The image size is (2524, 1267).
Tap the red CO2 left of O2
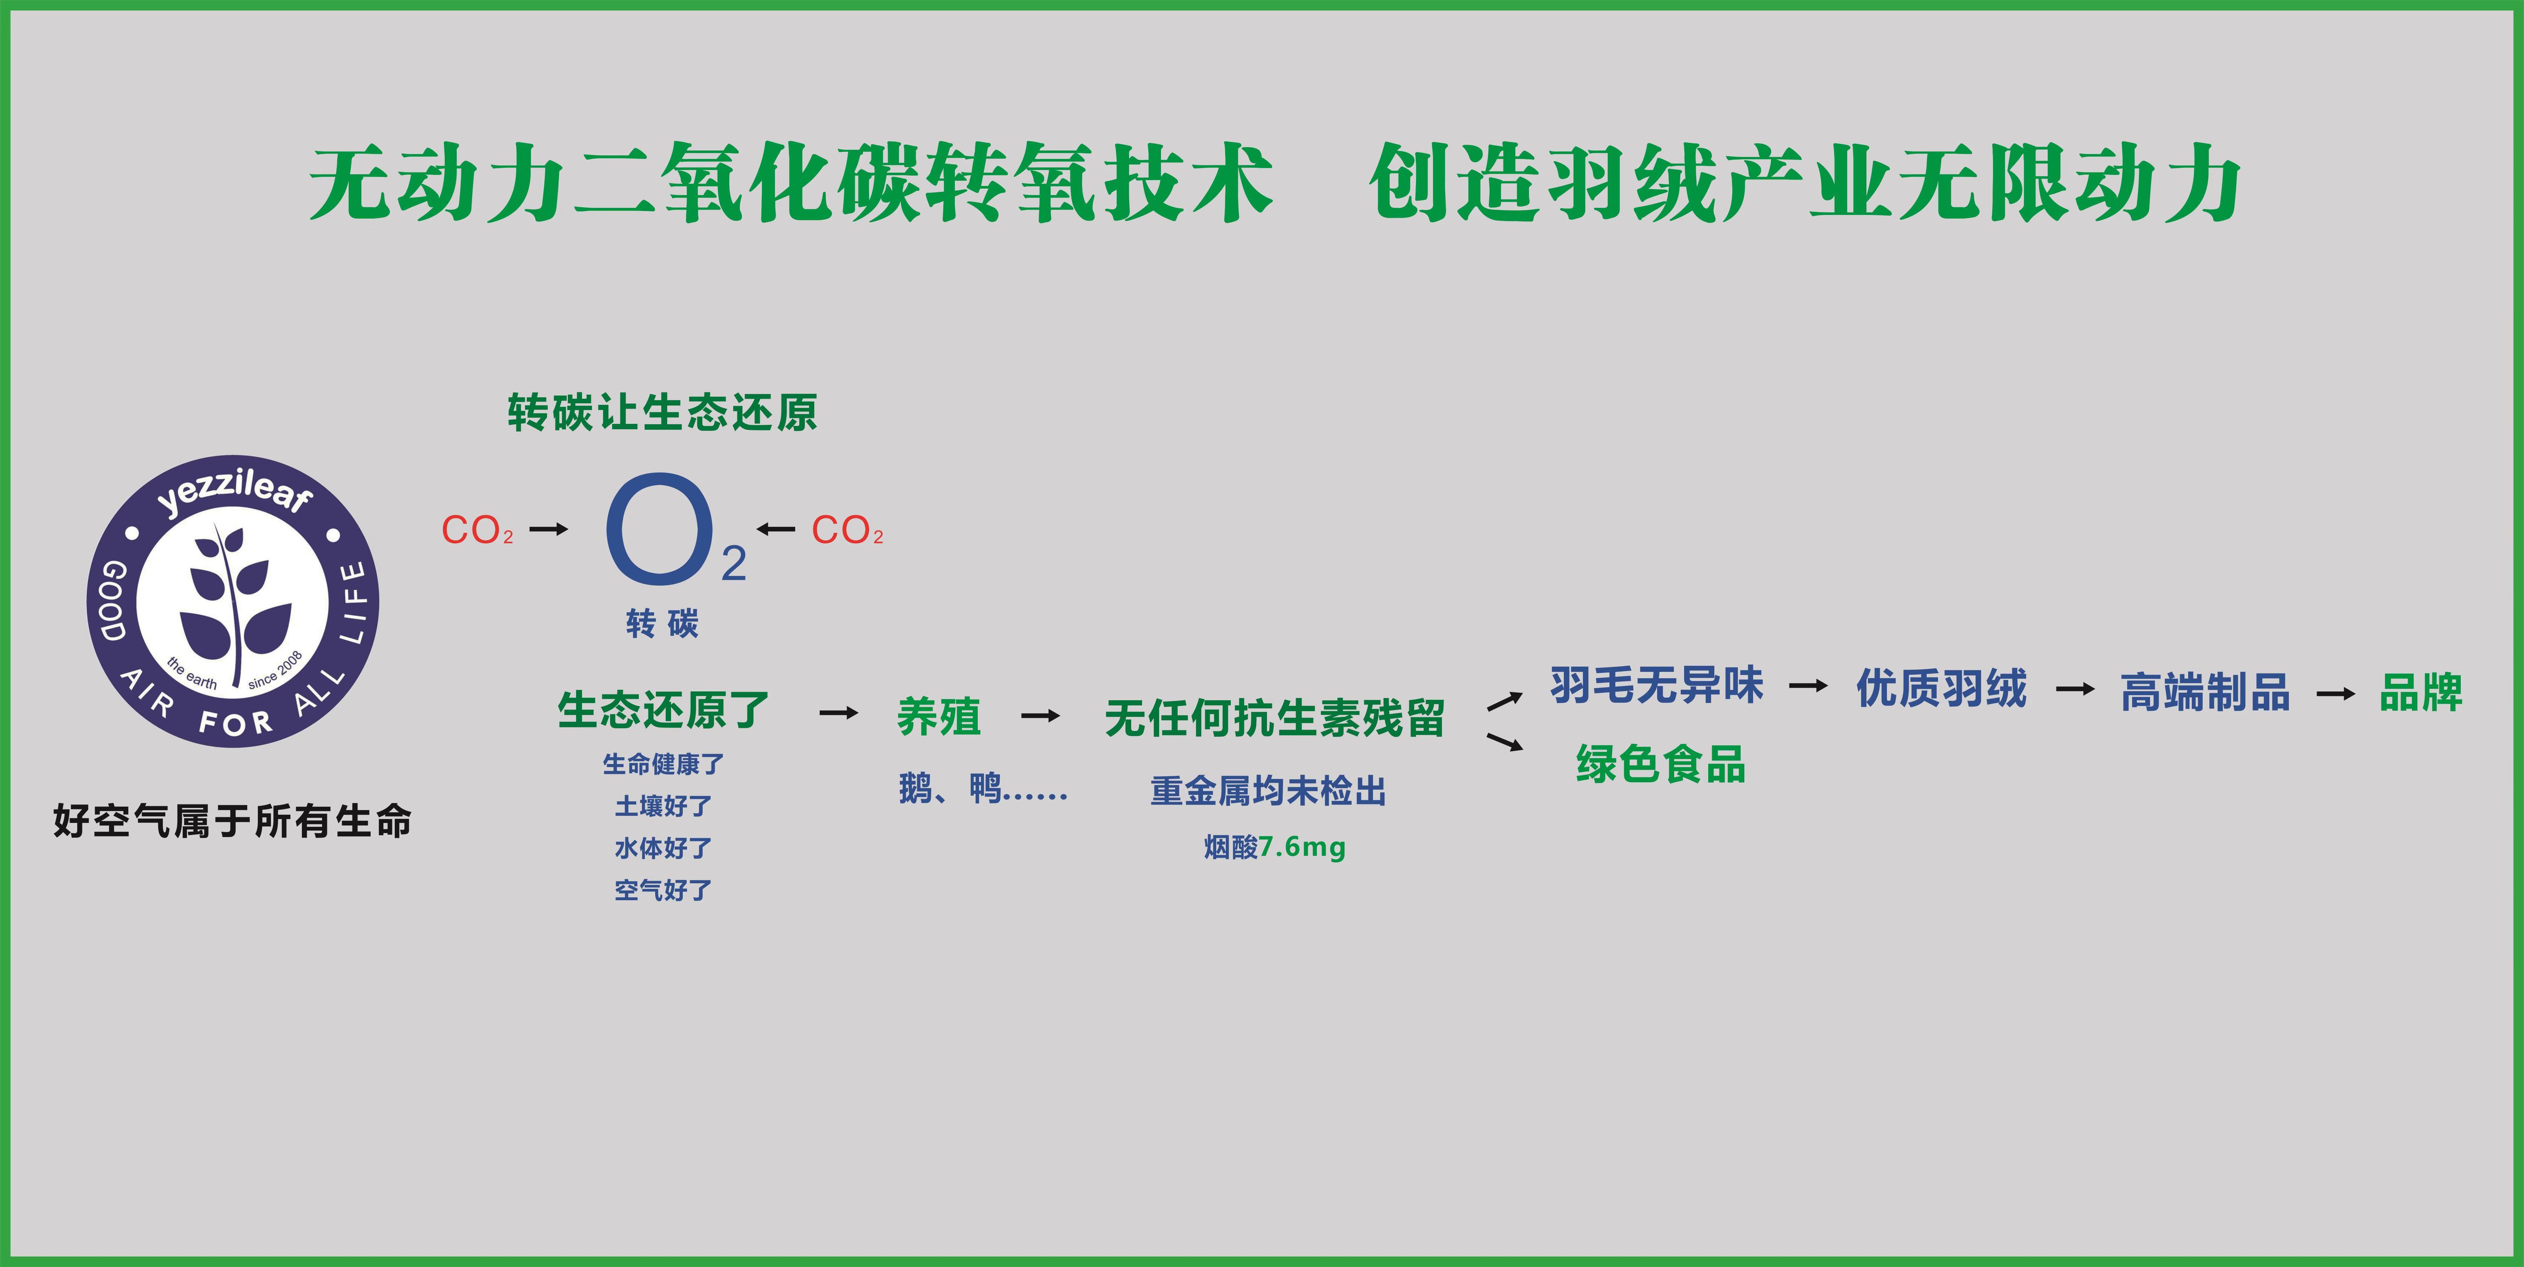tap(477, 530)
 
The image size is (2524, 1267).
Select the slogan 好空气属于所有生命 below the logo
tap(232, 821)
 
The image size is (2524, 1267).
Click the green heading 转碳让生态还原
tap(662, 413)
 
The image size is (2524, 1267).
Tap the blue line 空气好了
tap(663, 890)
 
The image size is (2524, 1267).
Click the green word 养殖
tap(939, 716)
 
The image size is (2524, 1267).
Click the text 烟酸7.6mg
tap(1275, 847)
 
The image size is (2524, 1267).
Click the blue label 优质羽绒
tap(1941, 688)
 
